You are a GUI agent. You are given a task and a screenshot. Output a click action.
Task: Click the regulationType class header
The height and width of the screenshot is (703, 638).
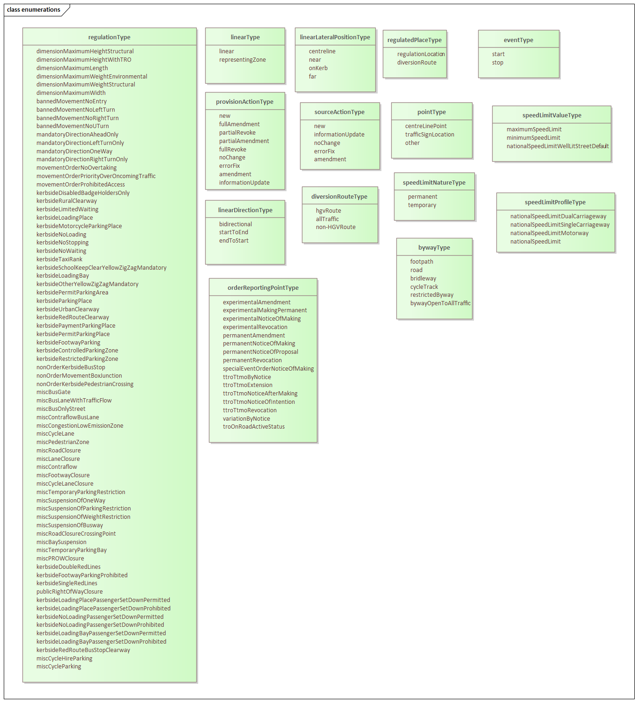coord(109,37)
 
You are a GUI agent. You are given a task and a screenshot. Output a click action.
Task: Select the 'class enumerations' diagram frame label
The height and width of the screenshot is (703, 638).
coord(34,10)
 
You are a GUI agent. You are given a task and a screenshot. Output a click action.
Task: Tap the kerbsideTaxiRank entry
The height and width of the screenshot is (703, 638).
coord(59,259)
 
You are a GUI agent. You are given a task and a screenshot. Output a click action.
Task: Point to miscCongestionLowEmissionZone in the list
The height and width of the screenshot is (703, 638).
coord(80,426)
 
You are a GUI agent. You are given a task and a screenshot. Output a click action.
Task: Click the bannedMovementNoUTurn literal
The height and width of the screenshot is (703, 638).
coord(72,126)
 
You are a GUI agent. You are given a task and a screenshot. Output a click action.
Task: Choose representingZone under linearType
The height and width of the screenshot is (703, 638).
coord(242,60)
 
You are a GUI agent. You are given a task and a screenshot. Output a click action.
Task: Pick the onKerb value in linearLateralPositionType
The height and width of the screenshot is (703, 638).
coord(318,68)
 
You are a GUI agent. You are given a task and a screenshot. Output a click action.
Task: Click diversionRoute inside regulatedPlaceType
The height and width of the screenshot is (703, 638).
coord(416,63)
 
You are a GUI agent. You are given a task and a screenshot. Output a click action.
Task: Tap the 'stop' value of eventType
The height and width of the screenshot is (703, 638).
coord(497,63)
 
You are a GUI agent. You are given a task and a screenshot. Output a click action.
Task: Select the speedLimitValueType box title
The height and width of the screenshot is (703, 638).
coord(552,115)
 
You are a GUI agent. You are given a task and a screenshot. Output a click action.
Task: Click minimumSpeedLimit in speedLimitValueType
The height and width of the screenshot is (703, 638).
coord(533,138)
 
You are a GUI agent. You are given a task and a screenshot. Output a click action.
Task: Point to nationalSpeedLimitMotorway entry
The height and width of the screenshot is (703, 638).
coord(549,233)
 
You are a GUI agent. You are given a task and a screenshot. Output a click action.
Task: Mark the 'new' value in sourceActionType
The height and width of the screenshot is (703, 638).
coord(319,126)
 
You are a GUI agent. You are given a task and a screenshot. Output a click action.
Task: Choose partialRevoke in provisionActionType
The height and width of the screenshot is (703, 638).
coord(237,133)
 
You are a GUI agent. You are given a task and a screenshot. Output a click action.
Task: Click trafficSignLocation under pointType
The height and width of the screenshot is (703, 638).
coord(430,135)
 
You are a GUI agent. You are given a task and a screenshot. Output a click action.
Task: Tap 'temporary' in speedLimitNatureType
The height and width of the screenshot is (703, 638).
coord(422,205)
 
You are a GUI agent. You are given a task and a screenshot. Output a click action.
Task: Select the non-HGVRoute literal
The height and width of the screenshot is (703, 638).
coord(336,227)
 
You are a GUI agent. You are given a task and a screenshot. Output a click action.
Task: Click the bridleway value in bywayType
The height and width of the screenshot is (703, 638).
coord(423,279)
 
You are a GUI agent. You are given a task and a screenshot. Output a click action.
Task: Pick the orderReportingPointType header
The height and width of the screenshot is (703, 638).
coord(263,288)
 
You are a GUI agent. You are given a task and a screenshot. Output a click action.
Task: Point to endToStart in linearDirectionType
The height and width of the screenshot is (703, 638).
coord(234,241)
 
